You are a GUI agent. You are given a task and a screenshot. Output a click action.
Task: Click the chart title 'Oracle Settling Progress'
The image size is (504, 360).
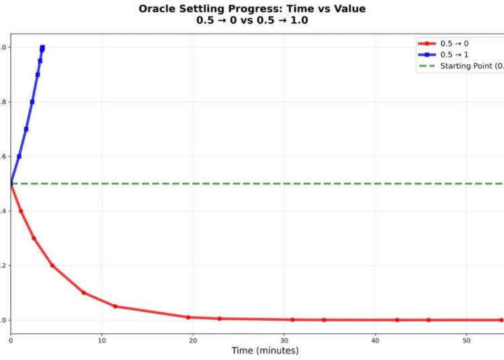pyautogui.click(x=252, y=9)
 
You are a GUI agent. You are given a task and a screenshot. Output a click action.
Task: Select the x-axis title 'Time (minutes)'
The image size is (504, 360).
pyautogui.click(x=265, y=350)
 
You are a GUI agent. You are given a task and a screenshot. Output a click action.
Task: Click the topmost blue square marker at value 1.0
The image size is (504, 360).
pyautogui.click(x=42, y=48)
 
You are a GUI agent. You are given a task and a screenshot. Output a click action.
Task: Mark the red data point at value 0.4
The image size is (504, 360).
pyautogui.click(x=21, y=211)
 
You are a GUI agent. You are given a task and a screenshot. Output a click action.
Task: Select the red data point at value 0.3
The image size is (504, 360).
pyautogui.click(x=34, y=238)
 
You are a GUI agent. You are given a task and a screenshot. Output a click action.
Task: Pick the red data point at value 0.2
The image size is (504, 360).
pyautogui.click(x=52, y=265)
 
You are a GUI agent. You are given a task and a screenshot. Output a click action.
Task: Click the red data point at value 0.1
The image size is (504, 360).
pyautogui.click(x=83, y=293)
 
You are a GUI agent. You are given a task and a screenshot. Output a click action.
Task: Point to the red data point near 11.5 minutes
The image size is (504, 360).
pyautogui.click(x=116, y=306)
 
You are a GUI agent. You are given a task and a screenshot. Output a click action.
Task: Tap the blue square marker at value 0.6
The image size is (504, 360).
pyautogui.click(x=19, y=156)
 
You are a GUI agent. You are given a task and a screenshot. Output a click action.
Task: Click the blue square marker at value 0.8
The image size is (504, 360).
pyautogui.click(x=32, y=102)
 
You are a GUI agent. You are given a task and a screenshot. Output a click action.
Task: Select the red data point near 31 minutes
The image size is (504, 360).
pyautogui.click(x=292, y=320)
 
